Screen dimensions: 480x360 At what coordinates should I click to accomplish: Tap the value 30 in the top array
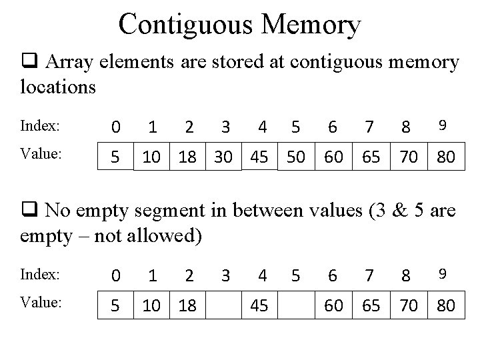click(x=225, y=157)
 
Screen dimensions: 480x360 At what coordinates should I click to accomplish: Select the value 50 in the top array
click(x=295, y=157)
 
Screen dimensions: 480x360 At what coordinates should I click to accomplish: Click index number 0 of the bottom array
click(x=116, y=275)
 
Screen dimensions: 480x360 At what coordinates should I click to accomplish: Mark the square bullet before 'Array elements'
click(x=29, y=63)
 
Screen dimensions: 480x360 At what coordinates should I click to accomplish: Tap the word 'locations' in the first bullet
click(x=59, y=87)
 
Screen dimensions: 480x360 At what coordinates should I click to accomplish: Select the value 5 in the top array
click(x=116, y=157)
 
